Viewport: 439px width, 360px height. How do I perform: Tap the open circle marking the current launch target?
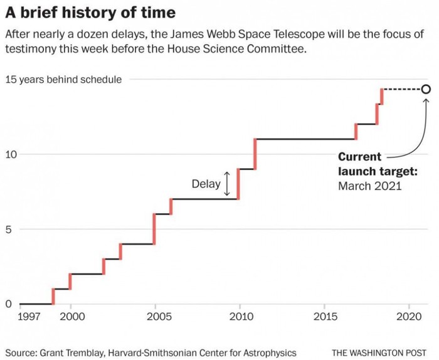[426, 89]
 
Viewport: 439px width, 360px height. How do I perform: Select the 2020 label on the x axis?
[409, 316]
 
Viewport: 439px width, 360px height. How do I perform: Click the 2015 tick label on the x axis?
[324, 316]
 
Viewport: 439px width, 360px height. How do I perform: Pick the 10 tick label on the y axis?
[11, 154]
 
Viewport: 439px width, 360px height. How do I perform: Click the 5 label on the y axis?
[9, 230]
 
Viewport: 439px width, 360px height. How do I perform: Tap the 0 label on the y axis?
[9, 305]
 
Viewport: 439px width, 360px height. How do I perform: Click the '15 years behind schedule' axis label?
[63, 80]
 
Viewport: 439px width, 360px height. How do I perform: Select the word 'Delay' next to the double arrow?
[206, 184]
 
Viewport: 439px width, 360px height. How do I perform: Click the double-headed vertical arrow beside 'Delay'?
[227, 183]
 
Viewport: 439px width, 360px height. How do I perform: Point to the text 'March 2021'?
[369, 186]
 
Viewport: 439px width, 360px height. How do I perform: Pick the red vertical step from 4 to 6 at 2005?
[154, 229]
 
